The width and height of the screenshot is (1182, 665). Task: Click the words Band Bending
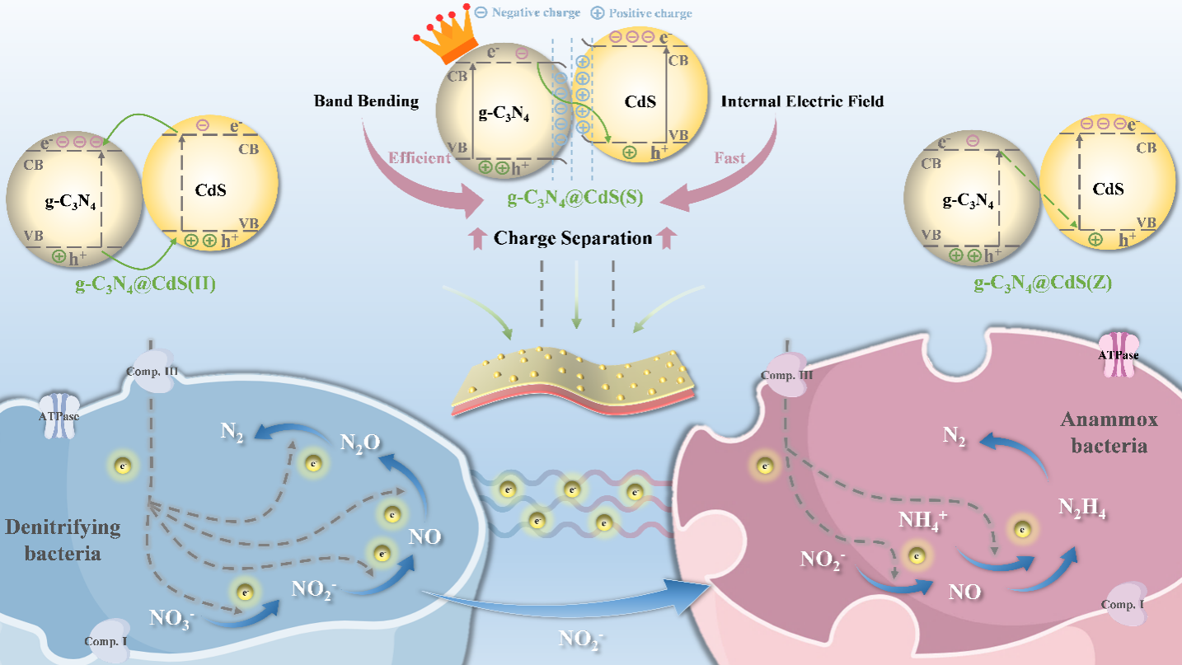pyautogui.click(x=366, y=101)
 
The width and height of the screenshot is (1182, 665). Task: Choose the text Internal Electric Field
pyautogui.click(x=802, y=101)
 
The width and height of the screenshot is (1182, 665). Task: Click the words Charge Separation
pyautogui.click(x=573, y=239)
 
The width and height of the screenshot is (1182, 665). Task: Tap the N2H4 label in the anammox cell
pyautogui.click(x=1081, y=510)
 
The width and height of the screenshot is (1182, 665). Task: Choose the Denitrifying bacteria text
pyautogui.click(x=63, y=540)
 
